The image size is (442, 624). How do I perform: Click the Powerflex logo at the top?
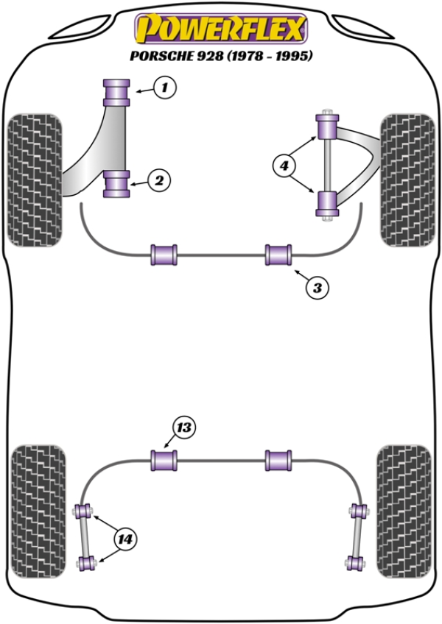pyautogui.click(x=220, y=29)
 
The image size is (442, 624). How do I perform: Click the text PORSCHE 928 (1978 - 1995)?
pyautogui.click(x=220, y=56)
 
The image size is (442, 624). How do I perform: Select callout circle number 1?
pyautogui.click(x=166, y=89)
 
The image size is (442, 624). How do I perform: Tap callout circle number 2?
pyautogui.click(x=159, y=179)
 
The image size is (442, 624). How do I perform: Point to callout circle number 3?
pyautogui.click(x=317, y=288)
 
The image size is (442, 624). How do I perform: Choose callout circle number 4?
pyautogui.click(x=283, y=166)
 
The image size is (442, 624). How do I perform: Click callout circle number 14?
pyautogui.click(x=124, y=539)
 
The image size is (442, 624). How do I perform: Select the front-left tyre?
pyautogui.click(x=34, y=177)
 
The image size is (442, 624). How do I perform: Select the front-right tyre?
pyautogui.click(x=407, y=180)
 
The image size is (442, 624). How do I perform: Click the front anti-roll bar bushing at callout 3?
pyautogui.click(x=279, y=255)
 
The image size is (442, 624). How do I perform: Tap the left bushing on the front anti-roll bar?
pyautogui.click(x=164, y=255)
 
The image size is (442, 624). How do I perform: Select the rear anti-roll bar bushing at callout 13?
pyautogui.click(x=164, y=461)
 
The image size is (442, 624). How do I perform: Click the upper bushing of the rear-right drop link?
pyautogui.click(x=359, y=510)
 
